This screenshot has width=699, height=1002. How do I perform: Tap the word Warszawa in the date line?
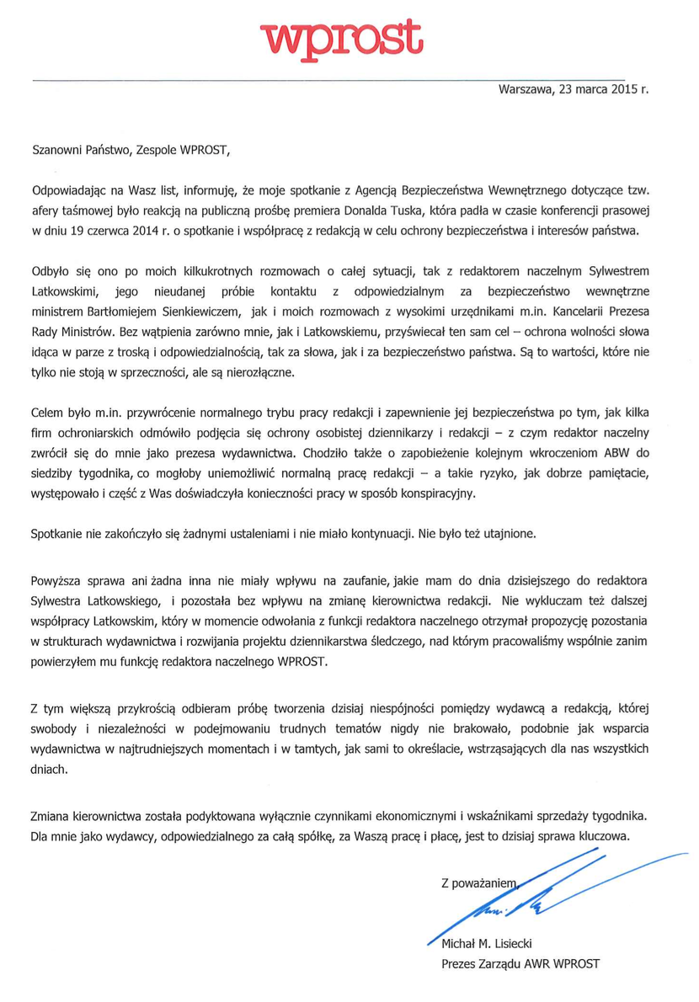[x=525, y=87]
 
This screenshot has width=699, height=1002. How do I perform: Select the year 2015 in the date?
[x=619, y=87]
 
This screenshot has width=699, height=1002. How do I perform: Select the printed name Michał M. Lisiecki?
[x=488, y=944]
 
